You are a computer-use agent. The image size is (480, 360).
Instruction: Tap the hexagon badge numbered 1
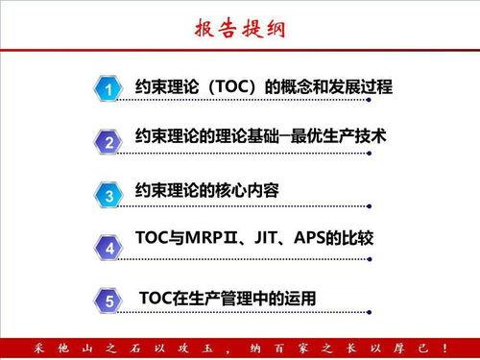[109, 90]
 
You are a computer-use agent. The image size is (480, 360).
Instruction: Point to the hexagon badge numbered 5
[109, 301]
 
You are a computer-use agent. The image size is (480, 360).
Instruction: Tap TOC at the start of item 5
[156, 299]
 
